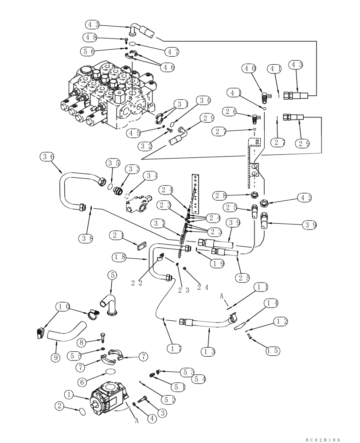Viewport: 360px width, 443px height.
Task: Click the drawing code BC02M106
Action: [x=322, y=439]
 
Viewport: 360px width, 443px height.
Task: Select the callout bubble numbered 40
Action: [x=249, y=68]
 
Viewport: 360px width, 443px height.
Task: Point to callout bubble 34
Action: [x=150, y=176]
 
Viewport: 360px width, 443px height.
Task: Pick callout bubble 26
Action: [x=231, y=111]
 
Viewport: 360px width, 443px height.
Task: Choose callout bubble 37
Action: [x=158, y=222]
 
